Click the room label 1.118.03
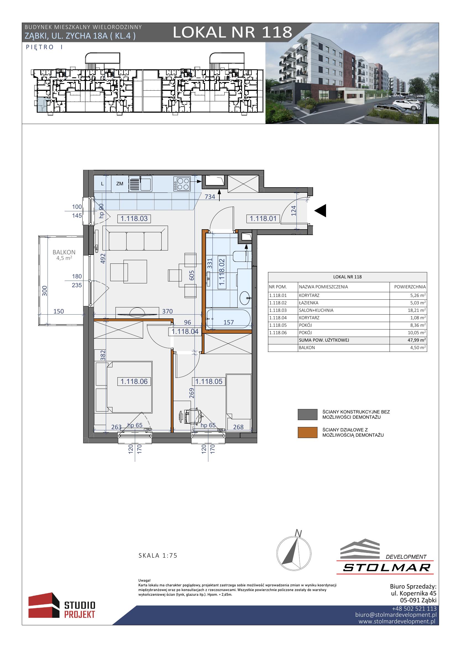(x=134, y=219)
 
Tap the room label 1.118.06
(x=134, y=381)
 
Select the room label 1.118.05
(x=209, y=381)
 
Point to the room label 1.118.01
(x=263, y=219)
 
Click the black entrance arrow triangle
(x=320, y=210)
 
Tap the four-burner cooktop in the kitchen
(x=182, y=184)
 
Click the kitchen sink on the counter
(x=140, y=184)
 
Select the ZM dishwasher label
(x=120, y=184)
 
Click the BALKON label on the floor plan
(x=64, y=252)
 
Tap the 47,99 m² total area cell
(x=418, y=340)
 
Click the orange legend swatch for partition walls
(x=307, y=433)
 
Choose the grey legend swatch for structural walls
(x=307, y=415)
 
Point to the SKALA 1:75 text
(x=158, y=555)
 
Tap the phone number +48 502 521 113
(x=414, y=609)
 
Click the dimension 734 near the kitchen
(x=210, y=197)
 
